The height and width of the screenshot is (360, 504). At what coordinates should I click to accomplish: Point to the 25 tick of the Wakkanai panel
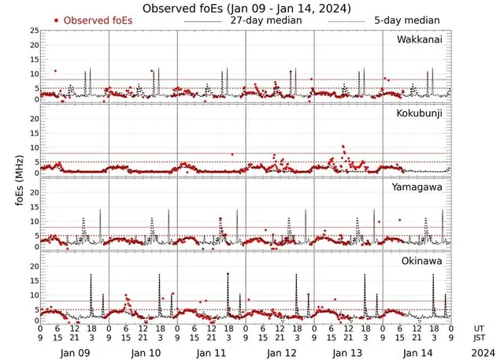(x=33, y=31)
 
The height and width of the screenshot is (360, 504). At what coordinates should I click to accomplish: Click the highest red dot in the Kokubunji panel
(x=343, y=147)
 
